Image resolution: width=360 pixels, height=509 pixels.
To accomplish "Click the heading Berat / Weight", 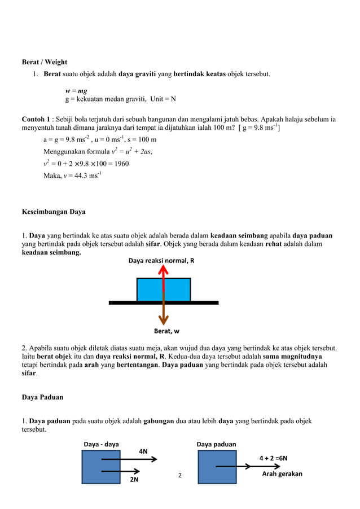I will [44, 62].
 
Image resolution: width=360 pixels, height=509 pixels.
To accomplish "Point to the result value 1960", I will [120, 164].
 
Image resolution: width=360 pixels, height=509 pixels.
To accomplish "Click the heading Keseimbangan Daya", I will [54, 212].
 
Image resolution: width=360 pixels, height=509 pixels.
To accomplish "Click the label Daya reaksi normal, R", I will [161, 261].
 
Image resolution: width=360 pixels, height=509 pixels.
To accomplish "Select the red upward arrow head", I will [164, 271].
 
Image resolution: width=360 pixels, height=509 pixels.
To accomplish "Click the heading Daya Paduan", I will [42, 397].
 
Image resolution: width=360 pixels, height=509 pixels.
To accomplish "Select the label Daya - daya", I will [101, 444].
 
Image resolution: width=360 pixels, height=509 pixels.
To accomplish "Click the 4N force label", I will [143, 451].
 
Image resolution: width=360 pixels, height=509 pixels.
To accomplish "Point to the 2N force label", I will [134, 480].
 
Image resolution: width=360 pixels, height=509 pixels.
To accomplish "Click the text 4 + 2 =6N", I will [273, 458].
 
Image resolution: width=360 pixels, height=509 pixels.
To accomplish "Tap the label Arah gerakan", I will [282, 474].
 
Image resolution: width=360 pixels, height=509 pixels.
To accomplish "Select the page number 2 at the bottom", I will [180, 476].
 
